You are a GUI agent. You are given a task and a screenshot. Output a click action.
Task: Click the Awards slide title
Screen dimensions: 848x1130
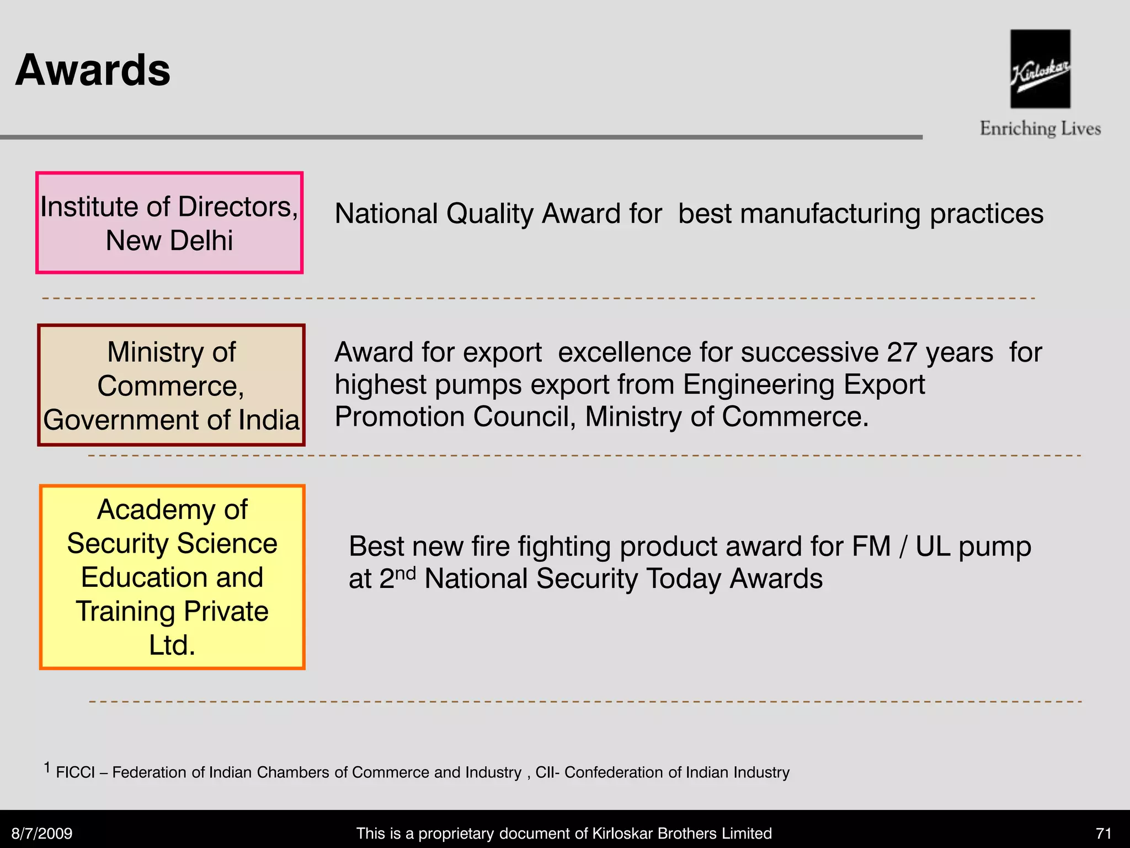point(93,70)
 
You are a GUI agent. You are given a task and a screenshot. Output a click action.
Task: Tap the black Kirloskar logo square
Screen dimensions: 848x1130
point(1040,68)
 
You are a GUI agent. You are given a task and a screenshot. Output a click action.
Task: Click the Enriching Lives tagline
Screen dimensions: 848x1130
point(1040,129)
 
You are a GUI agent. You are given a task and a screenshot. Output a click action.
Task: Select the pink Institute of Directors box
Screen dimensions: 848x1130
point(169,222)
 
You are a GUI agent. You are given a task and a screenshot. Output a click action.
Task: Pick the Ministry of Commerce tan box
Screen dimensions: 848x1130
point(171,385)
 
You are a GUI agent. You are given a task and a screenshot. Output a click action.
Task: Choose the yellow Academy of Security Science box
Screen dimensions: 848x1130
point(172,577)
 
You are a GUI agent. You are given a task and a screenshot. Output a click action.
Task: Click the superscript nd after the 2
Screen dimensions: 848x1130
point(406,573)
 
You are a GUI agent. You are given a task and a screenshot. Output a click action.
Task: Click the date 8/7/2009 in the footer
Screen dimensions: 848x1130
point(42,833)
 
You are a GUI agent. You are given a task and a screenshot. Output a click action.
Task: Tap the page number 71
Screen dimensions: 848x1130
point(1104,833)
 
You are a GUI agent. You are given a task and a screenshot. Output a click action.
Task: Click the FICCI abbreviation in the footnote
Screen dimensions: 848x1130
point(76,772)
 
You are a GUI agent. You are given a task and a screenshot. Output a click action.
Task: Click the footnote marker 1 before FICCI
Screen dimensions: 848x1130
point(47,767)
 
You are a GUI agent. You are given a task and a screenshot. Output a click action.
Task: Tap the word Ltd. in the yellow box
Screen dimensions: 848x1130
point(172,645)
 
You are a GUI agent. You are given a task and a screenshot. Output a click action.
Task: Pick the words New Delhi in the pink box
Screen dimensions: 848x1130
point(169,241)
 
